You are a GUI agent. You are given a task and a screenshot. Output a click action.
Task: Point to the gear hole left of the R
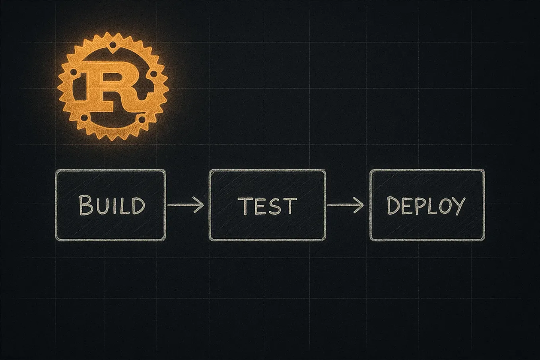74,73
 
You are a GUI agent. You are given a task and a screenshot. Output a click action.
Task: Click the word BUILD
112,205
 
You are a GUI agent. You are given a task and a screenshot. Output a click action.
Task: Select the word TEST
267,206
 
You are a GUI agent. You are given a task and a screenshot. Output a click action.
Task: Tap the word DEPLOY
426,206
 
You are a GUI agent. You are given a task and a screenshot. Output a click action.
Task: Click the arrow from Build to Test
185,205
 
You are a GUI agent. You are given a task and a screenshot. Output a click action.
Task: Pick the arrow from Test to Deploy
345,205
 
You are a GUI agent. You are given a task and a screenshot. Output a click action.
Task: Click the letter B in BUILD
85,205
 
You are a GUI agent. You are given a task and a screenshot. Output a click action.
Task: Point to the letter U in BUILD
102,206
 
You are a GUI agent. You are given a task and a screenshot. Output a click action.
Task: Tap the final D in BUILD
138,206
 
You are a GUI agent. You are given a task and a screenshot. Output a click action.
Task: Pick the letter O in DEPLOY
445,206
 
